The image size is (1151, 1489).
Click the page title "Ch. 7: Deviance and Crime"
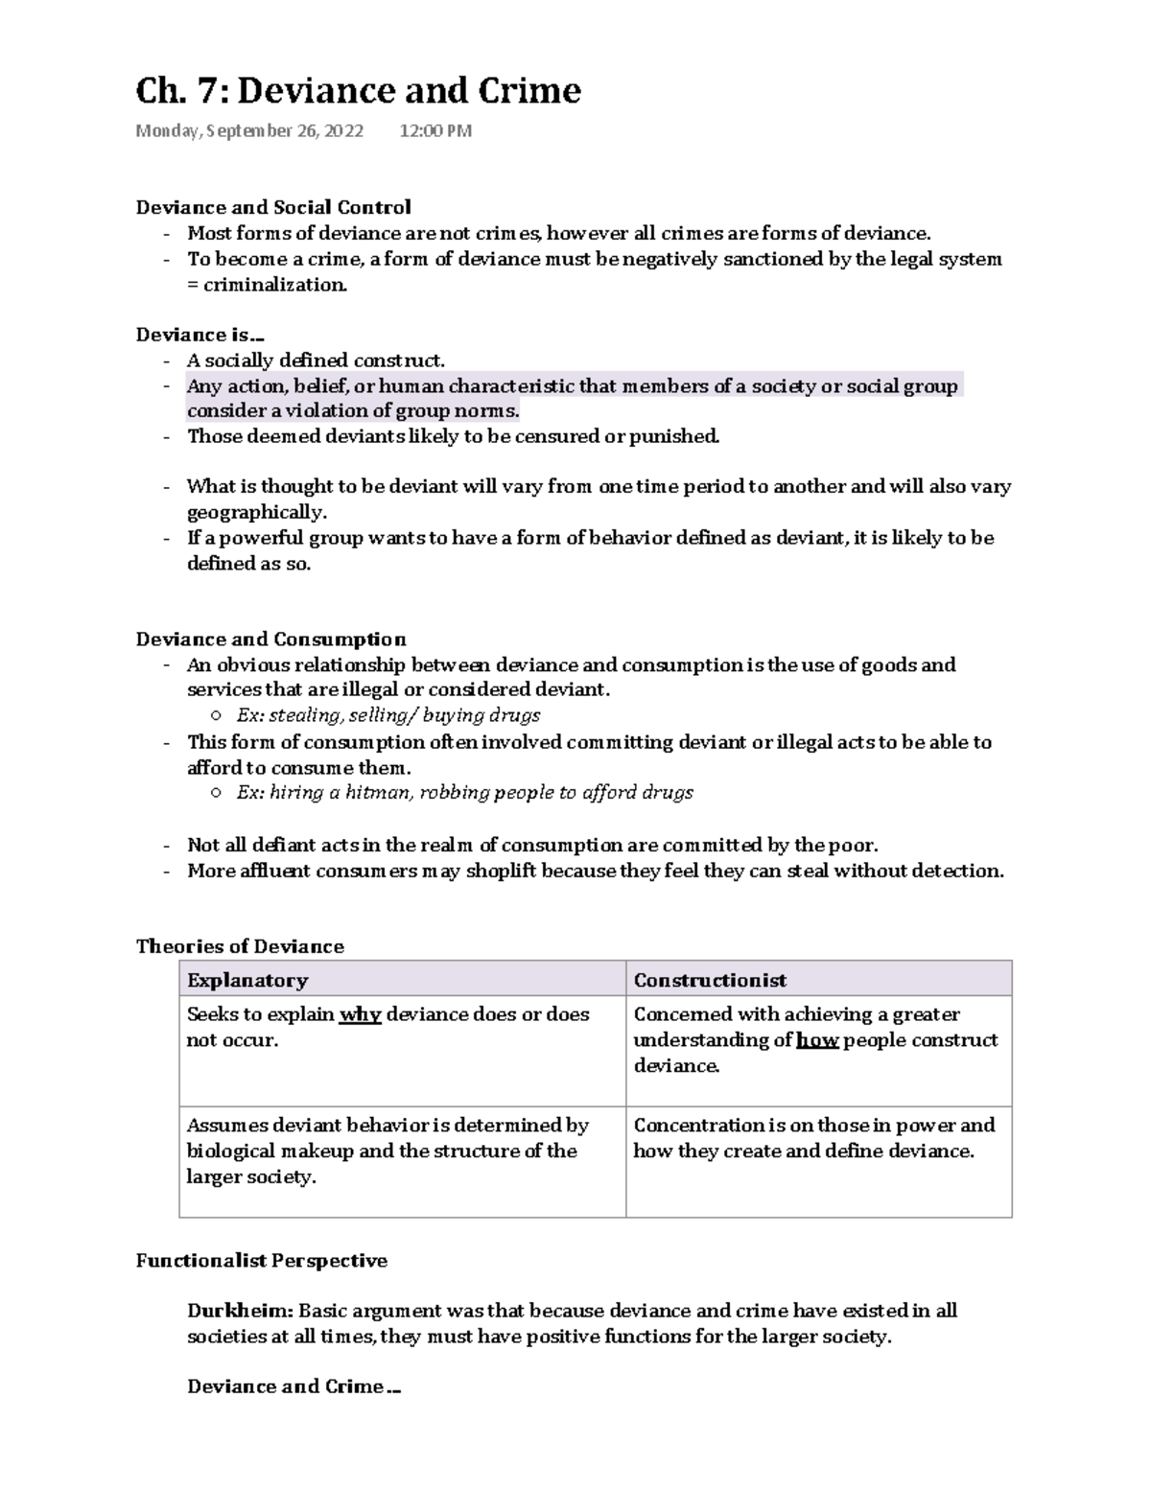[x=358, y=91]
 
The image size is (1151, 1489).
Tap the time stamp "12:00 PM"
[x=435, y=131]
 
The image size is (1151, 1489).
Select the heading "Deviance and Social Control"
[x=273, y=207]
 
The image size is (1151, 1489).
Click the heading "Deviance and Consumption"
[x=270, y=640]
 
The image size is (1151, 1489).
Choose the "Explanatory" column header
[x=247, y=980]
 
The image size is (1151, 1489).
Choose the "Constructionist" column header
[x=710, y=980]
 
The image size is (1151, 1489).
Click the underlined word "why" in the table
[x=361, y=1014]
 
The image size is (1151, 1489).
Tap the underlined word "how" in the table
[x=817, y=1040]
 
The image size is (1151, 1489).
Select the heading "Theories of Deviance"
[x=240, y=946]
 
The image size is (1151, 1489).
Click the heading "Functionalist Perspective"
[x=261, y=1261]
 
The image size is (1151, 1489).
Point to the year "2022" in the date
[x=343, y=131]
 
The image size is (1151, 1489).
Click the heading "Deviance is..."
[x=200, y=335]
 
